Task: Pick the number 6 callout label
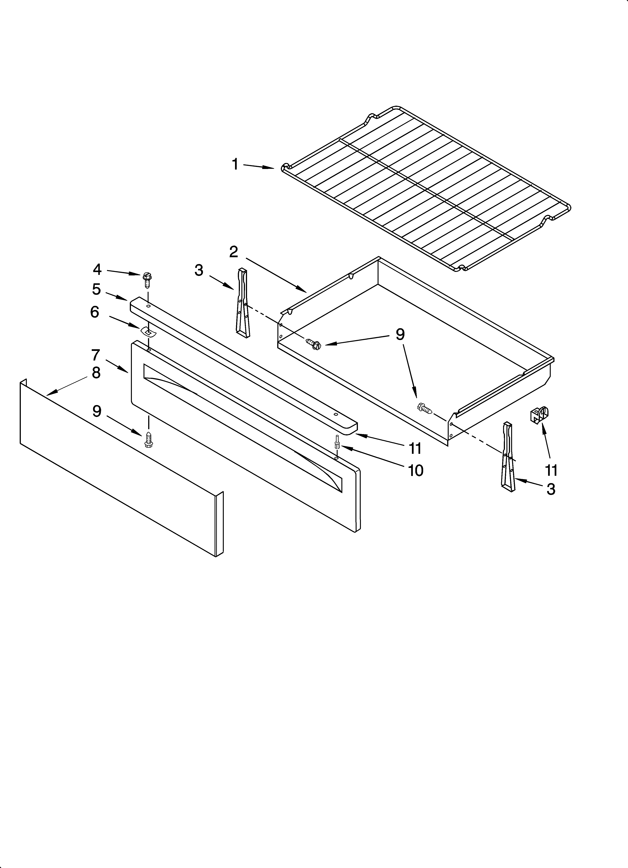[x=95, y=312]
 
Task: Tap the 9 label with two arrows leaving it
[x=400, y=335]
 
